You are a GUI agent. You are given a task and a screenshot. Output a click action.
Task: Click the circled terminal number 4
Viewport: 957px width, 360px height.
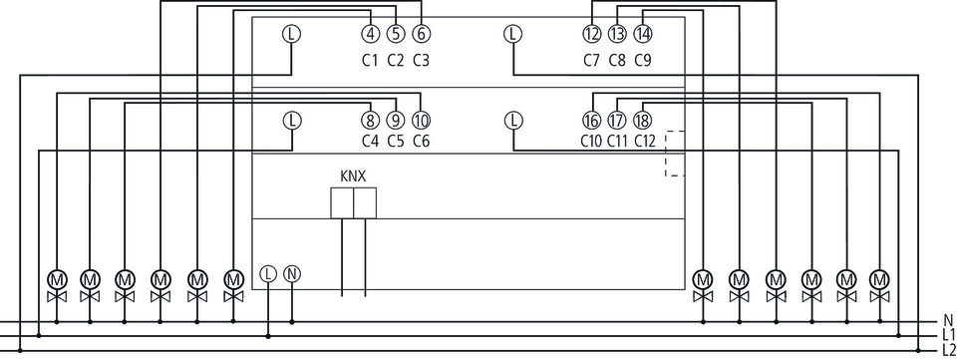(371, 34)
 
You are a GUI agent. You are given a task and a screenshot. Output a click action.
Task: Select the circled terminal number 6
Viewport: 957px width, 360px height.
(421, 34)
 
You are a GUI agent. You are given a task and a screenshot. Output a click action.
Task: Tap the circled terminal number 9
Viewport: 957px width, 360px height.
(396, 121)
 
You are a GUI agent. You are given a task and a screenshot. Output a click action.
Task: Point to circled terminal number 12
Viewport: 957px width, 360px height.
(592, 34)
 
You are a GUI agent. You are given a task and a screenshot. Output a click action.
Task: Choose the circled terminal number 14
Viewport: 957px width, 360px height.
(643, 34)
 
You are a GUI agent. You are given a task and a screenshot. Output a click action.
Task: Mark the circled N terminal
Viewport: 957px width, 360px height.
(292, 274)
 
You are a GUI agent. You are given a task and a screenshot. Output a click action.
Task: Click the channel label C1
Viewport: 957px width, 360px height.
(371, 61)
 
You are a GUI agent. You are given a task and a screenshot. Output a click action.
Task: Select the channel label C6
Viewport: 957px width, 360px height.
(421, 141)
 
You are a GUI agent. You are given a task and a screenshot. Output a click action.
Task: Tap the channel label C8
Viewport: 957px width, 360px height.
(617, 61)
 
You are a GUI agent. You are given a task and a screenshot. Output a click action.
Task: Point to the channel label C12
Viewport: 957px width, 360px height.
(645, 141)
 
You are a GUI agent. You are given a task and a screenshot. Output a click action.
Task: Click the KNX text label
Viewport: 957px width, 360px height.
(353, 177)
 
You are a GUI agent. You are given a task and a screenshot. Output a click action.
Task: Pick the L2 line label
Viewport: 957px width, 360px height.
(948, 350)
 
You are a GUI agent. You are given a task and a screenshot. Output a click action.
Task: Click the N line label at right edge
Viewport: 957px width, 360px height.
(948, 320)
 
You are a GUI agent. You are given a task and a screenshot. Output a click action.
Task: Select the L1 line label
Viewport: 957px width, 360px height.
(948, 334)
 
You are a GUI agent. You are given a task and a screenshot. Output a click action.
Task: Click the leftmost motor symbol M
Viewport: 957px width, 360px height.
(57, 279)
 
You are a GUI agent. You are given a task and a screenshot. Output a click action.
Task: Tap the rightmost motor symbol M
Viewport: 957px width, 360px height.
(879, 279)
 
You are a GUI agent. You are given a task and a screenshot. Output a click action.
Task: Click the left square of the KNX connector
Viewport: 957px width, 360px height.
(342, 203)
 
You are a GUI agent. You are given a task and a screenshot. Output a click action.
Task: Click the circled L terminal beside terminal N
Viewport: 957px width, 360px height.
(268, 274)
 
